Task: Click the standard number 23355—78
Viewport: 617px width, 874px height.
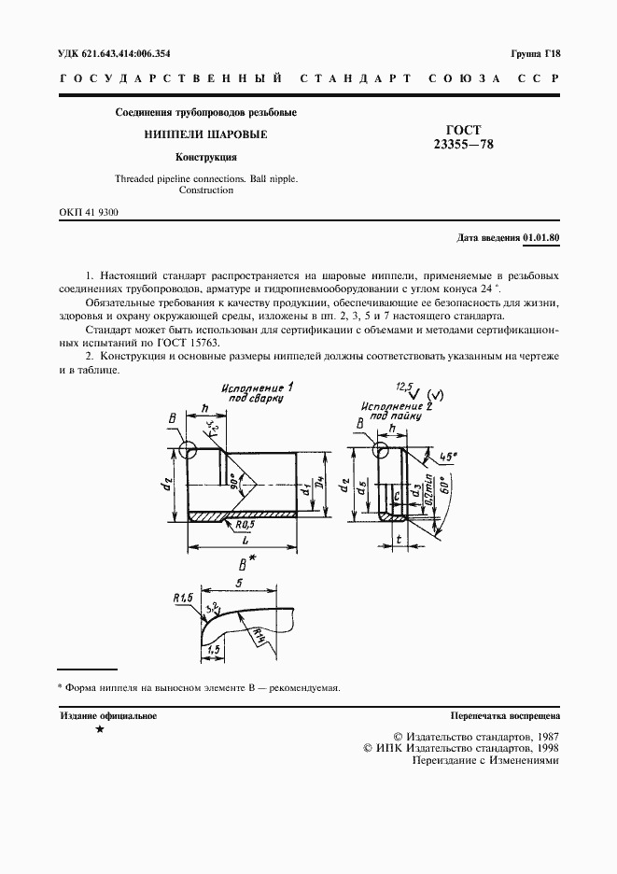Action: (464, 145)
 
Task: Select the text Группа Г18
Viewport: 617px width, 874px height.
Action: (535, 53)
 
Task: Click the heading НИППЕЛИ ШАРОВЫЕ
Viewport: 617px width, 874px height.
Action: (205, 134)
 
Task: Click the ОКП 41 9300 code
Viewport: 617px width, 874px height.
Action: (88, 213)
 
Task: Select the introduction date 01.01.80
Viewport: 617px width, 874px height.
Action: (541, 238)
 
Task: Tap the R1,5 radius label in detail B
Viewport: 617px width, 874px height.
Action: (182, 597)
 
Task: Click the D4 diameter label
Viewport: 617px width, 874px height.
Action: (319, 486)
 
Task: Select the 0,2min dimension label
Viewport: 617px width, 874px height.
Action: (427, 490)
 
